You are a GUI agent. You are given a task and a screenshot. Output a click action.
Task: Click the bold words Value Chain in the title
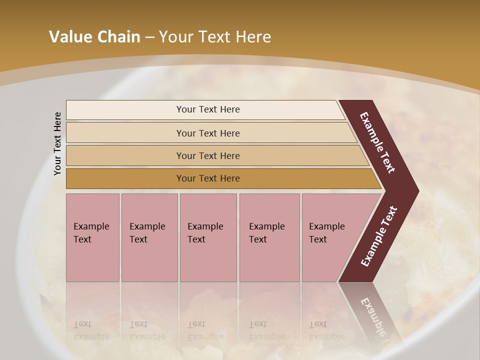point(94,37)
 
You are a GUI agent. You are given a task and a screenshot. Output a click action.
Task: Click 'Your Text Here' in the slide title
point(215,37)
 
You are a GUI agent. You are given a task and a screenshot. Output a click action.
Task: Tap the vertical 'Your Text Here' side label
point(57,143)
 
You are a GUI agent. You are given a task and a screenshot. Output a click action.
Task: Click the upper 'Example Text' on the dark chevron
point(377,142)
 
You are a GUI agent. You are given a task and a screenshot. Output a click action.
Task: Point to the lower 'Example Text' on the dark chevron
point(379,236)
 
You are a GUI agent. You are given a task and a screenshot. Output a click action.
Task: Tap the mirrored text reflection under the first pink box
point(91,330)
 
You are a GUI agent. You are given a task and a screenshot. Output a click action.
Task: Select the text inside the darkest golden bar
point(208,178)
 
